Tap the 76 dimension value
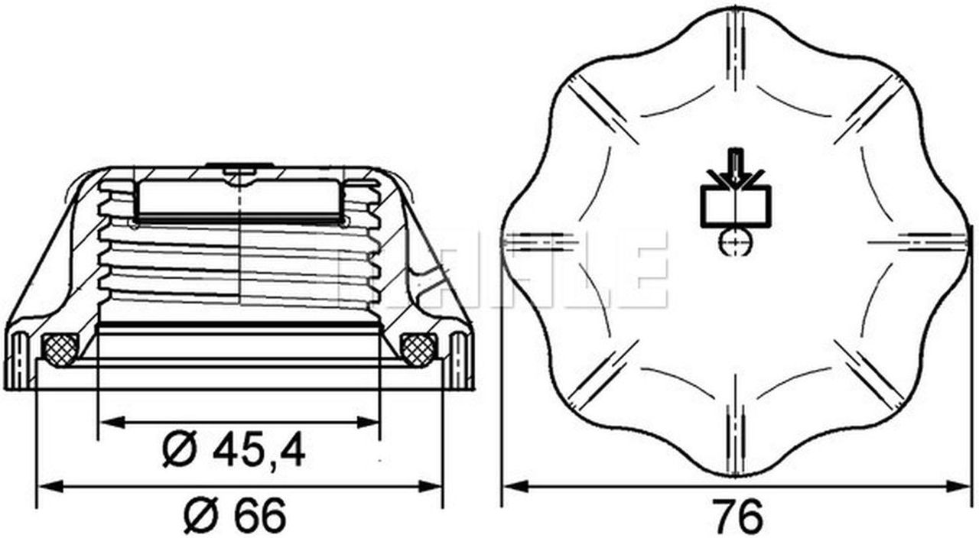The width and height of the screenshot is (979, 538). click(737, 516)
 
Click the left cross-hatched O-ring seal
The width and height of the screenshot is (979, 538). click(60, 349)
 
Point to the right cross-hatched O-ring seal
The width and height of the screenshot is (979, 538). click(418, 349)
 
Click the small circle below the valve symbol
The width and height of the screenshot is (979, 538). click(737, 242)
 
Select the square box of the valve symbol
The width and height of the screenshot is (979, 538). click(737, 207)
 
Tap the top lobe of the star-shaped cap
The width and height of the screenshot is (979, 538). click(736, 31)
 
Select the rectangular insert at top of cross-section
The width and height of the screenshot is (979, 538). click(238, 199)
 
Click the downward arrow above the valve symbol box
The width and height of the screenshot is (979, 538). click(737, 170)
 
